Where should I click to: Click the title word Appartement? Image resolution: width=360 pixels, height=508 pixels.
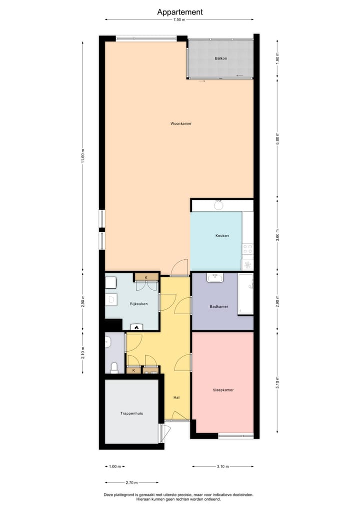click(x=180, y=12)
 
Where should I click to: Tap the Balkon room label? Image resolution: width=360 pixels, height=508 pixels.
click(x=220, y=58)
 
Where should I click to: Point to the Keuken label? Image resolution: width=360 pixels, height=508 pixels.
click(x=222, y=236)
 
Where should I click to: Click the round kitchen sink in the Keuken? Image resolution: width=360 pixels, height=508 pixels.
click(x=218, y=205)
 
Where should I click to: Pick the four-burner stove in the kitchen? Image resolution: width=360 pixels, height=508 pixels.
click(x=247, y=248)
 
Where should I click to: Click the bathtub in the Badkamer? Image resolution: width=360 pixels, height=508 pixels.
click(x=245, y=294)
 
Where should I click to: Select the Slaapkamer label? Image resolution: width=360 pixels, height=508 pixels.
click(x=223, y=390)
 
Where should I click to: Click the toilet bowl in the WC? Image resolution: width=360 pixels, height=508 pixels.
click(x=114, y=368)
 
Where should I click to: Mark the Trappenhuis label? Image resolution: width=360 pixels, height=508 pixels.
click(x=131, y=413)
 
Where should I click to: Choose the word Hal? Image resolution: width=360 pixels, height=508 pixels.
click(x=176, y=398)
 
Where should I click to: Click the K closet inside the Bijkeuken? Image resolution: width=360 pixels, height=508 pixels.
click(x=146, y=277)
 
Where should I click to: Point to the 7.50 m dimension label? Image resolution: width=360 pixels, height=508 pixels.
click(x=179, y=19)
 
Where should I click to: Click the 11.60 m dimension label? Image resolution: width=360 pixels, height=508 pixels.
click(x=83, y=156)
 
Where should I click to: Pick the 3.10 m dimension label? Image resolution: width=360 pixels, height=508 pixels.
click(x=223, y=467)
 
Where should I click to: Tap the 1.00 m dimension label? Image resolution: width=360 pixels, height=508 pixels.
click(x=114, y=467)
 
